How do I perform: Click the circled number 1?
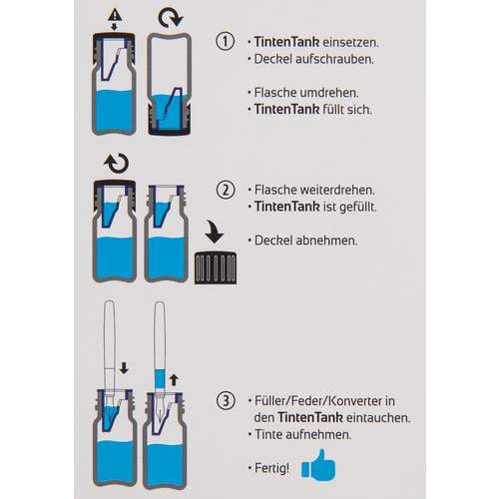(226, 41)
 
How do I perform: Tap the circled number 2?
(226, 190)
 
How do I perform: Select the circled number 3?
(226, 400)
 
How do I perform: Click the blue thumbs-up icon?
(318, 465)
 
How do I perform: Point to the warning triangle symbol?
(115, 14)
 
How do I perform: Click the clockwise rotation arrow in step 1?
(170, 17)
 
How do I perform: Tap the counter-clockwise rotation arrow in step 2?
(117, 163)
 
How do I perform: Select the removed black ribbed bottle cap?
(216, 267)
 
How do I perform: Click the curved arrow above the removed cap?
(214, 232)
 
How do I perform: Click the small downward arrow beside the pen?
(124, 368)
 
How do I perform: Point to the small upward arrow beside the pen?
(174, 380)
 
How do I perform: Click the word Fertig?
(271, 468)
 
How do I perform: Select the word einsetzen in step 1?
(350, 42)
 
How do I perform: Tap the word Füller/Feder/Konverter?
(318, 401)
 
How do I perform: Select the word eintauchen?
(378, 417)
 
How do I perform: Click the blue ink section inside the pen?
(160, 379)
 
